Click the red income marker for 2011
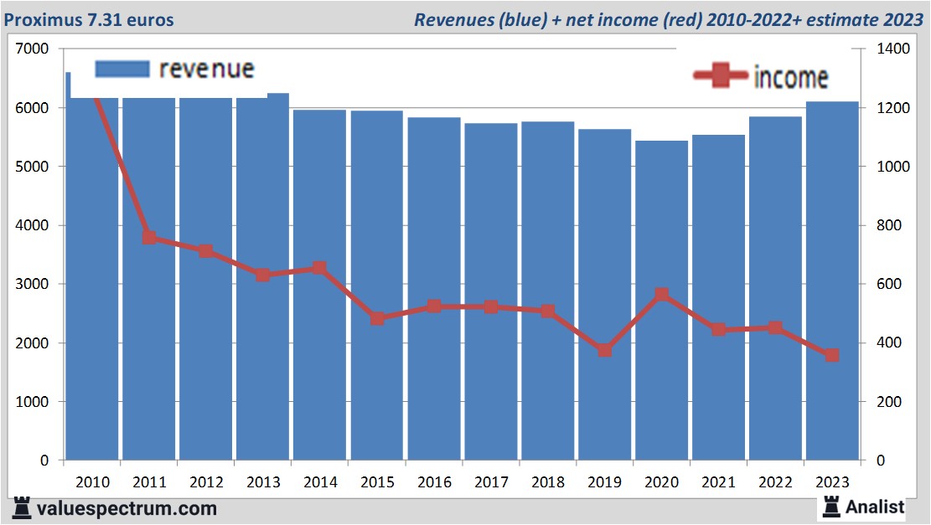pos(149,237)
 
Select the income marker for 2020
pos(662,295)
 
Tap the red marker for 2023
pos(832,355)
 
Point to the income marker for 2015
pos(377,318)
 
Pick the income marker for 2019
pos(605,350)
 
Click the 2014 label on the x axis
pos(320,482)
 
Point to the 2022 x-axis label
pos(775,482)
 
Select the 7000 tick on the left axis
pos(34,49)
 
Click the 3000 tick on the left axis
pos(34,285)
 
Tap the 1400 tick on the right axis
pos(893,49)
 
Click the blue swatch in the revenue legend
pos(122,69)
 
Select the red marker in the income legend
pos(720,76)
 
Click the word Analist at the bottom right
pos(875,507)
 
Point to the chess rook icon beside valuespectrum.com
pos(23,508)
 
